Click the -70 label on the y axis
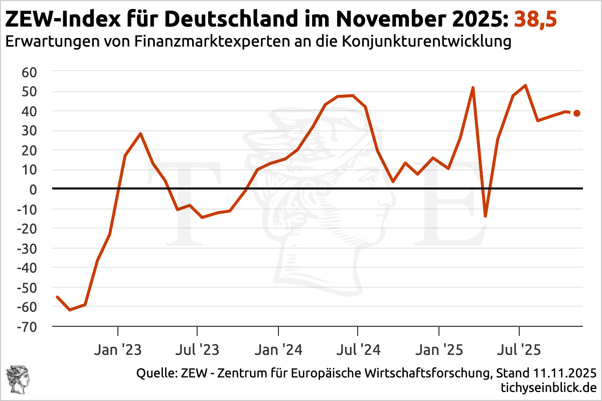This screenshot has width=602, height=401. [27, 326]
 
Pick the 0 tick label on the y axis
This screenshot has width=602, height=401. [34, 189]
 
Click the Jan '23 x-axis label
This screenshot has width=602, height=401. [117, 349]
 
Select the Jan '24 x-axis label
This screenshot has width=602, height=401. [278, 349]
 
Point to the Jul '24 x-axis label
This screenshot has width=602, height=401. [358, 349]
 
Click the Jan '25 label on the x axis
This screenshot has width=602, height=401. [439, 349]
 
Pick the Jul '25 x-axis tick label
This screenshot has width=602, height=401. [518, 349]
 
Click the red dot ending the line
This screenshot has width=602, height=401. [577, 113]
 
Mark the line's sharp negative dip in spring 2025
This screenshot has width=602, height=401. [485, 216]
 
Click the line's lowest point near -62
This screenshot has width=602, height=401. [69, 310]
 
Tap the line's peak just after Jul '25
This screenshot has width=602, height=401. [525, 85]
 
